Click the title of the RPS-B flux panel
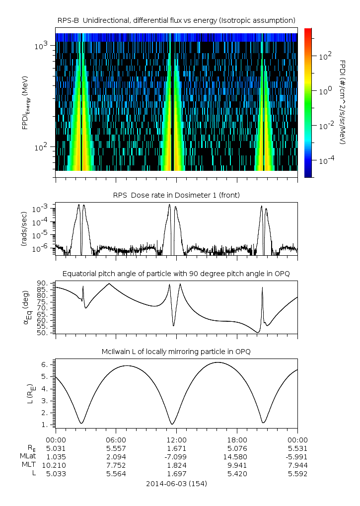[x=176, y=21]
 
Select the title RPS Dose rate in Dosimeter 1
[x=176, y=195]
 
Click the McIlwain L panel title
[x=176, y=352]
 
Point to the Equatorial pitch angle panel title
[x=176, y=274]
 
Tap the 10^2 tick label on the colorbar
[x=325, y=57]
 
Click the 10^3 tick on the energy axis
[x=41, y=46]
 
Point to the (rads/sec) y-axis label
[x=23, y=229]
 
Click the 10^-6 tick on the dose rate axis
[x=40, y=248]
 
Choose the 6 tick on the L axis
[x=45, y=364]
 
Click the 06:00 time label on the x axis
[x=116, y=440]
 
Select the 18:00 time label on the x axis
[x=237, y=440]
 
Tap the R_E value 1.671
[x=176, y=448]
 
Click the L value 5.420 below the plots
[x=237, y=474]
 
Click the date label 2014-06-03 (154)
[x=176, y=484]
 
